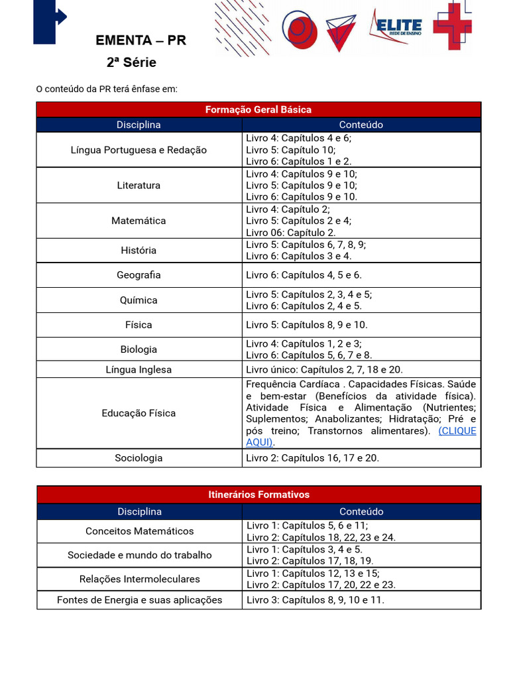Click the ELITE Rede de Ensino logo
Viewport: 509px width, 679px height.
(x=398, y=27)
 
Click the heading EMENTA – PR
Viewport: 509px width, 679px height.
(x=141, y=40)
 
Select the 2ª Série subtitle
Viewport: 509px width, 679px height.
(x=131, y=63)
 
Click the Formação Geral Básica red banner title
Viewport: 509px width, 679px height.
(x=258, y=109)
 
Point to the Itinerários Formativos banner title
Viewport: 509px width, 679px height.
(x=258, y=495)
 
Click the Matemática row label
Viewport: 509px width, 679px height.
(x=139, y=221)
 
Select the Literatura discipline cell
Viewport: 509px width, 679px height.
(x=139, y=186)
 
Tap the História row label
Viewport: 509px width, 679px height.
(x=139, y=250)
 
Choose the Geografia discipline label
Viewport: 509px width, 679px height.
(x=139, y=275)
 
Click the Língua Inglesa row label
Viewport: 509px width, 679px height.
(x=139, y=369)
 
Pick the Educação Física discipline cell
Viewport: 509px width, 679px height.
(x=139, y=413)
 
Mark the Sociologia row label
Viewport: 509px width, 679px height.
(x=139, y=458)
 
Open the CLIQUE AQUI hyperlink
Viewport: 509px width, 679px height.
(x=457, y=431)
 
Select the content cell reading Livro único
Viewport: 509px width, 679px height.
(x=324, y=369)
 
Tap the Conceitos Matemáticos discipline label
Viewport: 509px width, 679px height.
(x=140, y=531)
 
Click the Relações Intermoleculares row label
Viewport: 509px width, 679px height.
(x=140, y=579)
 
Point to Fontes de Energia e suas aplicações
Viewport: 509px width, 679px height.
(x=140, y=600)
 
